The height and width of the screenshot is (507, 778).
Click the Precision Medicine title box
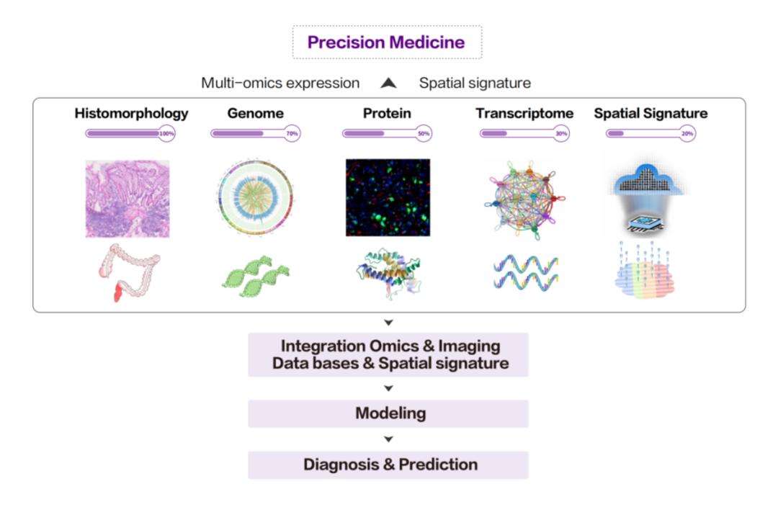(387, 42)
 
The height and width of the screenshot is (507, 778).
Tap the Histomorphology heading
(131, 113)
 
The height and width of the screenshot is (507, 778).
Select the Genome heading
(255, 113)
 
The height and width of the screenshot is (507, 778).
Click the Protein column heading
(387, 113)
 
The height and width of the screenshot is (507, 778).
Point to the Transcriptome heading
(524, 113)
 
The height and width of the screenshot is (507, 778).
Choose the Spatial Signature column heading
(650, 113)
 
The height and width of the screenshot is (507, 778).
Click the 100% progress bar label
(167, 133)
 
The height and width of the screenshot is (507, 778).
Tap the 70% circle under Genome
(292, 133)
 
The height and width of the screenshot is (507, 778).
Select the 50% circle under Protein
(424, 133)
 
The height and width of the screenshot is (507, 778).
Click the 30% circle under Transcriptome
(561, 133)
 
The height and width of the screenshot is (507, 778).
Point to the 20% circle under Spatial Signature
(687, 133)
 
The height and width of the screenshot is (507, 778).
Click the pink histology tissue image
(128, 198)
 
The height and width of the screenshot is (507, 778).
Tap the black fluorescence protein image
(388, 197)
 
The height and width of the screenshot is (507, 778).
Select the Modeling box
(388, 413)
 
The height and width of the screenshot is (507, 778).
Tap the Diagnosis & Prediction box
(388, 465)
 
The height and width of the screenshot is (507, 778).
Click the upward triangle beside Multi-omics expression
(389, 84)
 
